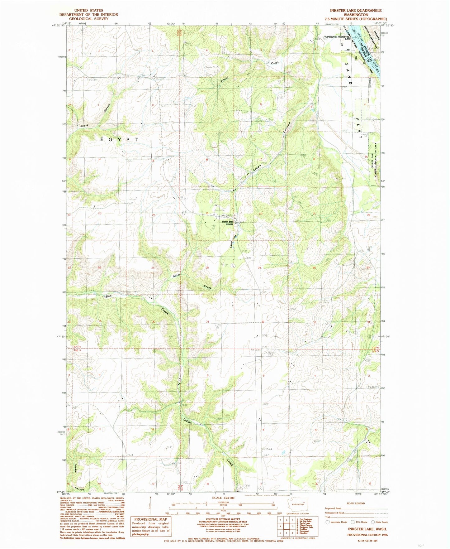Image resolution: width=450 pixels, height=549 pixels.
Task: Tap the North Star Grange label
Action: (x=228, y=223)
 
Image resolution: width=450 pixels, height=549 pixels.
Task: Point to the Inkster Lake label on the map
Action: (x=233, y=241)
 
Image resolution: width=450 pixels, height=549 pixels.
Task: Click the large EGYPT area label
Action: (x=120, y=140)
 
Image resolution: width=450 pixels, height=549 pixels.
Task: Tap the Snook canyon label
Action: (x=84, y=126)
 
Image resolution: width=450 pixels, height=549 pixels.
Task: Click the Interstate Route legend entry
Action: (x=338, y=522)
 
